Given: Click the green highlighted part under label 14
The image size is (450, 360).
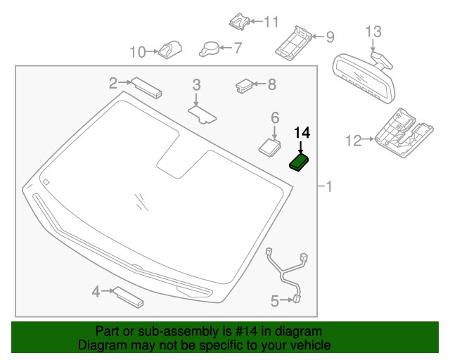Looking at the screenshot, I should (300, 163).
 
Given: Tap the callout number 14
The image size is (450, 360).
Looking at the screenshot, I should (302, 132).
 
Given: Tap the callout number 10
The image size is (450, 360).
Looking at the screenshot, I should (138, 51).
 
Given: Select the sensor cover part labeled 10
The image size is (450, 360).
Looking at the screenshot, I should (169, 50).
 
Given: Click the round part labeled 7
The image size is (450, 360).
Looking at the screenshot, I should (209, 49).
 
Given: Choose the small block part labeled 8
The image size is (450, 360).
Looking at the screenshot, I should (245, 86).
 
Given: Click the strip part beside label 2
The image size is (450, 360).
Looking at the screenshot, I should (147, 88).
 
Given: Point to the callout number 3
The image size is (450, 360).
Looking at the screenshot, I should (197, 84).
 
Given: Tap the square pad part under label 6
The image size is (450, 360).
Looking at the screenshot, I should (269, 145).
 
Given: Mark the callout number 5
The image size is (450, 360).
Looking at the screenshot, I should (275, 302).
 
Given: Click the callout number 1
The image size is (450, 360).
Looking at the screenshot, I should (328, 186).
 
